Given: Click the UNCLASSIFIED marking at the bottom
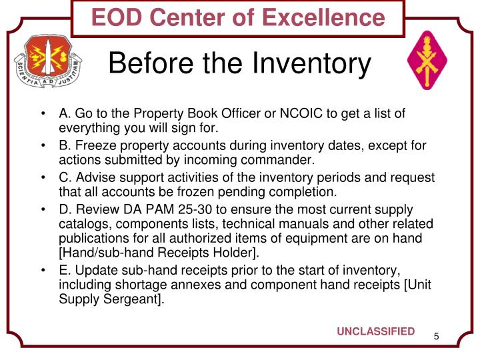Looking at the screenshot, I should [x=375, y=332].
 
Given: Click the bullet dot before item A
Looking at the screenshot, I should [x=44, y=114].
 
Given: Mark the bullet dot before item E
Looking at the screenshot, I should [x=44, y=270].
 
